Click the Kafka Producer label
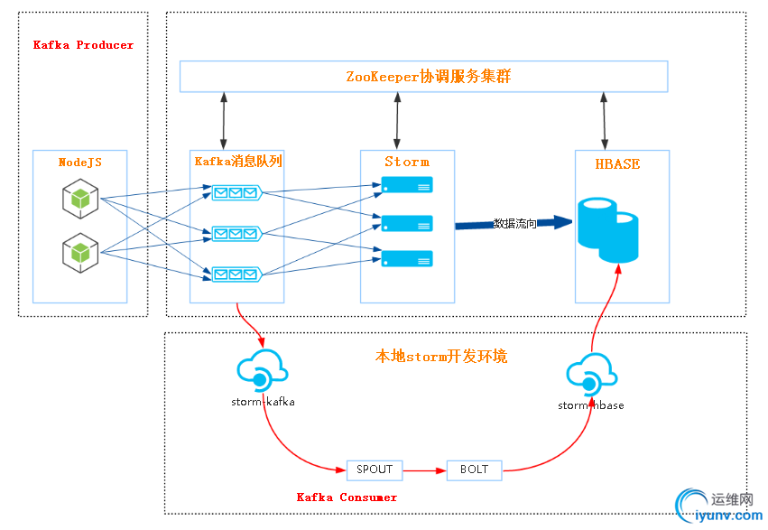pyautogui.click(x=83, y=45)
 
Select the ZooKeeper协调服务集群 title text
pyautogui.click(x=428, y=77)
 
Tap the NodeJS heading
pyautogui.click(x=80, y=163)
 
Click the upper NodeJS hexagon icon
pyautogui.click(x=79, y=198)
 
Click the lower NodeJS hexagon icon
pyautogui.click(x=79, y=250)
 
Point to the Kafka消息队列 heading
pyautogui.click(x=238, y=163)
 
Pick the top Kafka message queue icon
pyautogui.click(x=236, y=191)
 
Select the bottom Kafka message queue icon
pyautogui.click(x=236, y=274)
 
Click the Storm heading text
pyautogui.click(x=407, y=163)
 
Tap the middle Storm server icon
pyautogui.click(x=407, y=222)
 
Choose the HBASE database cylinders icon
pyautogui.click(x=607, y=229)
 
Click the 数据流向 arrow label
pyautogui.click(x=515, y=224)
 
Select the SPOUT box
pyautogui.click(x=375, y=470)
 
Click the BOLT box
pyautogui.click(x=474, y=470)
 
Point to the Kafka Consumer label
pyautogui.click(x=347, y=497)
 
